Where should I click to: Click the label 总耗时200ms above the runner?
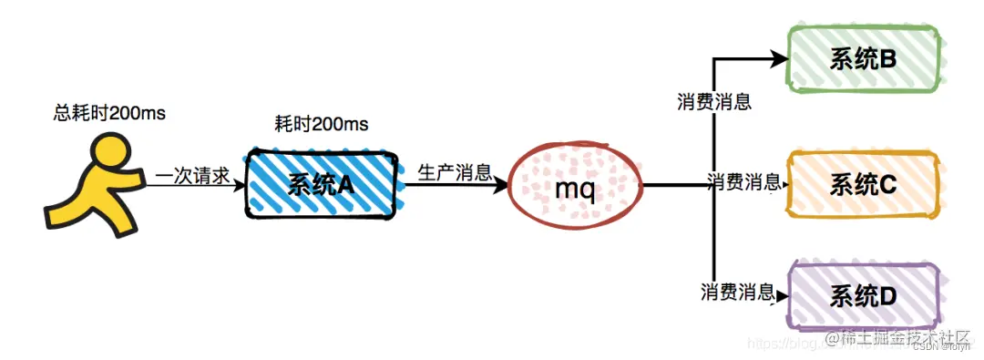coord(109,113)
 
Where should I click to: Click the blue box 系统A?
coord(321,183)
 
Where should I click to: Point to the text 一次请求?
coord(193,175)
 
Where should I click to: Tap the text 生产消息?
coord(455,172)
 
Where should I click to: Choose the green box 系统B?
coord(863,59)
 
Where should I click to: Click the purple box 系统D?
coord(863,295)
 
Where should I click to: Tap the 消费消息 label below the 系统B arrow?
coord(713,101)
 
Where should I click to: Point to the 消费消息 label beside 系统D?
coord(737,293)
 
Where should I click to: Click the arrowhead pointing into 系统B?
coord(780,60)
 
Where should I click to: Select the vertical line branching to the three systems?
coord(712,228)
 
